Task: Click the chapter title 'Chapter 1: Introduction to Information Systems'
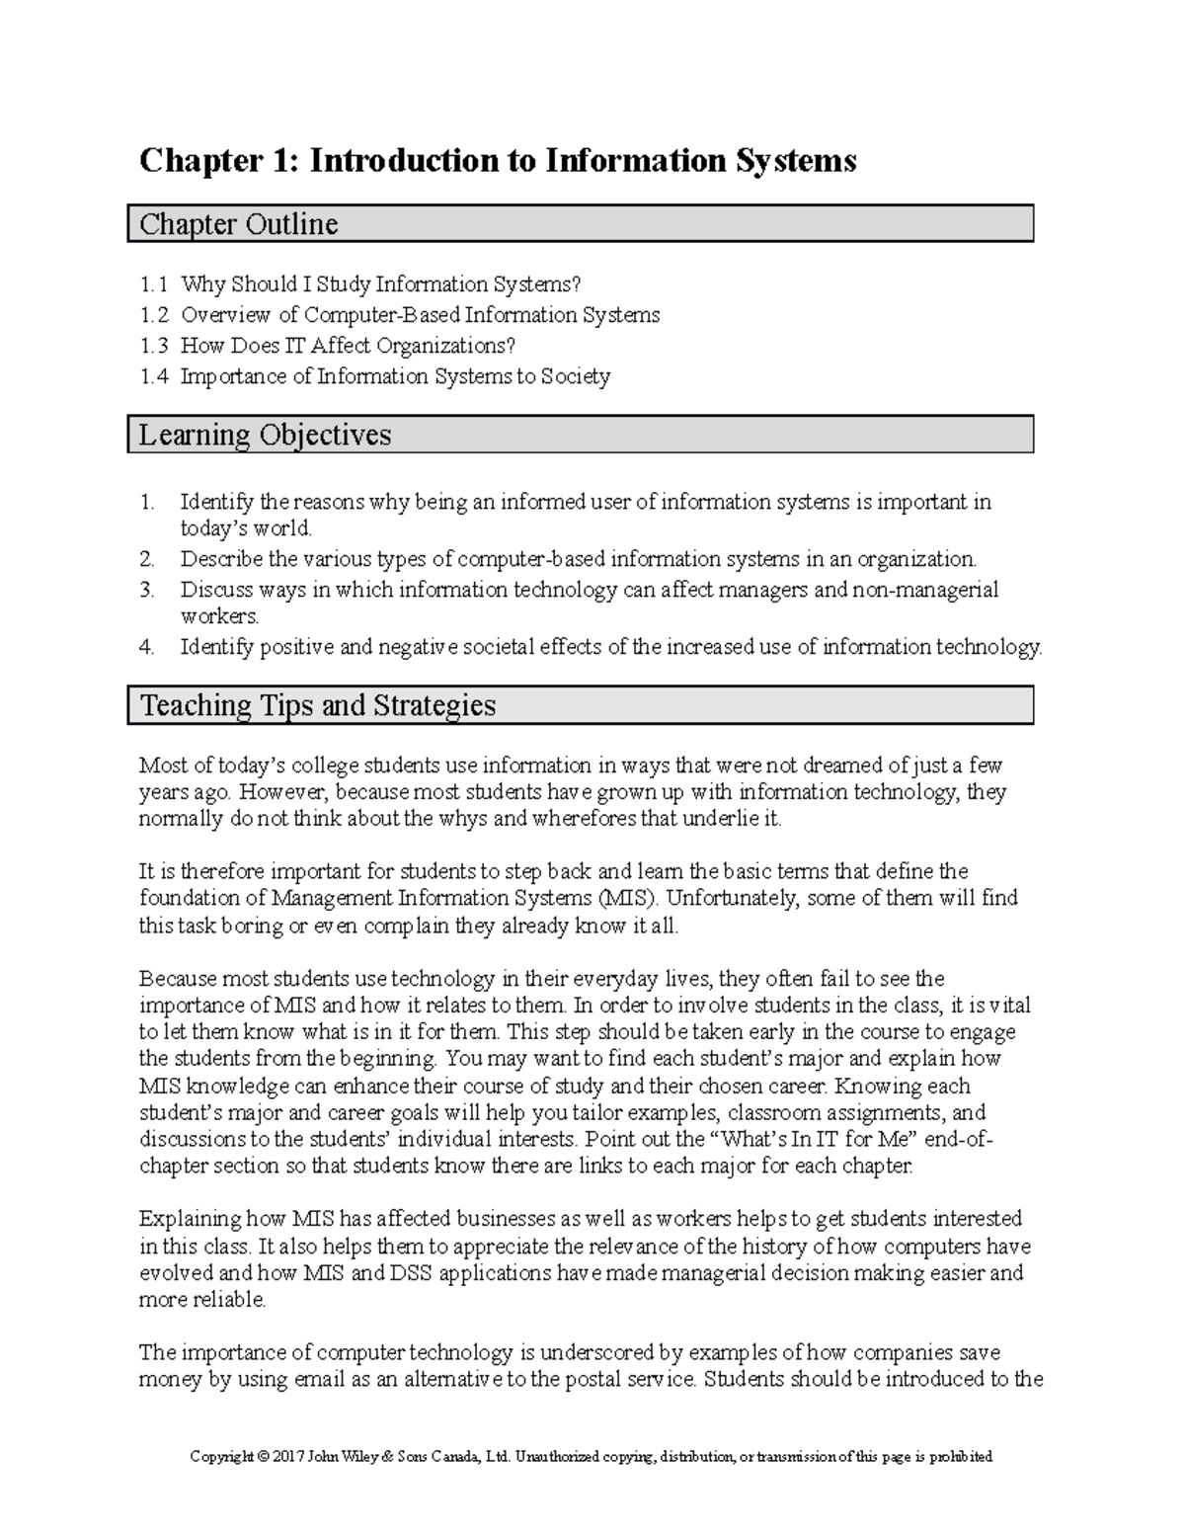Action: pyautogui.click(x=498, y=160)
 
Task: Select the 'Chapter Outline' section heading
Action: pyautogui.click(x=238, y=224)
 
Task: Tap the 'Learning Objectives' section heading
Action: pyautogui.click(x=265, y=435)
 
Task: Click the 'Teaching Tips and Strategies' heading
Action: pyautogui.click(x=317, y=705)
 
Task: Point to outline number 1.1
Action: pyautogui.click(x=153, y=285)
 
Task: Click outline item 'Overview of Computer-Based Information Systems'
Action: pyautogui.click(x=420, y=315)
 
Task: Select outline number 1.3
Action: pyautogui.click(x=153, y=346)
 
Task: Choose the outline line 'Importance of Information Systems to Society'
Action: pyautogui.click(x=395, y=376)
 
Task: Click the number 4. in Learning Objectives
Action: pyautogui.click(x=147, y=648)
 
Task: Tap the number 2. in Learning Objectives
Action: pyautogui.click(x=147, y=560)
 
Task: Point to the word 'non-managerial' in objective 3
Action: pyautogui.click(x=927, y=591)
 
